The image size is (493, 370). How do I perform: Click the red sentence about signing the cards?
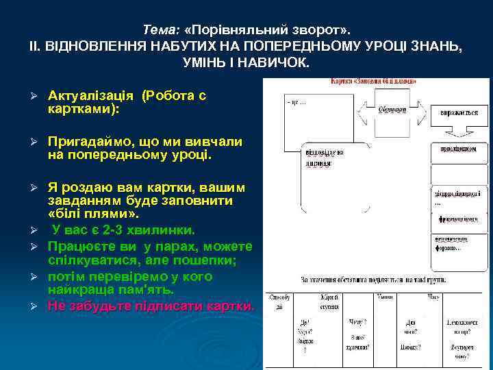151,305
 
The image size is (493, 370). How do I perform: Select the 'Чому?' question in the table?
358,322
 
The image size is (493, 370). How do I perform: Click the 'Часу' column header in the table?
434,297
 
